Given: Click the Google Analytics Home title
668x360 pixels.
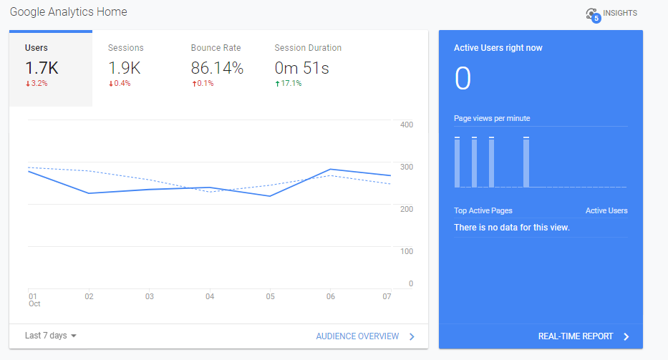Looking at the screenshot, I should tap(68, 13).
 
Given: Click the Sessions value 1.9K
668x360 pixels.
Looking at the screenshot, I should tap(125, 68).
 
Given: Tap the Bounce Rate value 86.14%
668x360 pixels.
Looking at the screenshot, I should tap(217, 68).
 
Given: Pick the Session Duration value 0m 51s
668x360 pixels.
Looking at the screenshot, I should tap(301, 68).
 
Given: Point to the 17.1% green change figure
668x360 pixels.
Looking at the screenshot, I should tap(289, 84).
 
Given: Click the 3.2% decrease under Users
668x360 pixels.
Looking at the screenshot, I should tap(37, 84).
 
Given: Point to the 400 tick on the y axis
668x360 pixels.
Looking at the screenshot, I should tap(406, 125).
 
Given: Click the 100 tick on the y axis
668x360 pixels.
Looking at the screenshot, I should tap(406, 252).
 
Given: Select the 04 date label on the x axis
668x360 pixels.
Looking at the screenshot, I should tap(210, 296).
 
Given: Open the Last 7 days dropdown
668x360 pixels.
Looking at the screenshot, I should tap(51, 336).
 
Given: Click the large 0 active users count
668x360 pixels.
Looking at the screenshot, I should tap(463, 79).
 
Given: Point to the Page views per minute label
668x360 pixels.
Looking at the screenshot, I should tap(492, 119).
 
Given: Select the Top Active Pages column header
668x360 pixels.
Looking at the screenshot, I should tap(483, 211).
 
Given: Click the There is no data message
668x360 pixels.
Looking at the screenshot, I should tap(512, 228).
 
